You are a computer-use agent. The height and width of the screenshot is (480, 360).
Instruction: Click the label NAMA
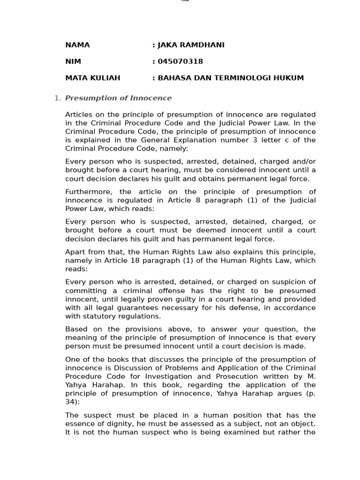[77, 45]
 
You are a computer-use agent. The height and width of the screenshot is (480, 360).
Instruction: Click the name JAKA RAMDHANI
[184, 45]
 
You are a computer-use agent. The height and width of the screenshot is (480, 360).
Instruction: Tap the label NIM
[73, 61]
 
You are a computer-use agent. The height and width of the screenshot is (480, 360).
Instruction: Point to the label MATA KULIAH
[93, 78]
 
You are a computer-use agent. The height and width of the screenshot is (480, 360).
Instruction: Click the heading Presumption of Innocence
[118, 98]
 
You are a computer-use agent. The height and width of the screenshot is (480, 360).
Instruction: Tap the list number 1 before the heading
[57, 98]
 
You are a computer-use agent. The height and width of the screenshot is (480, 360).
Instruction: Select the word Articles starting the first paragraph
[80, 114]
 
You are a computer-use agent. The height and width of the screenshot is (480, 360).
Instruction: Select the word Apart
[75, 252]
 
